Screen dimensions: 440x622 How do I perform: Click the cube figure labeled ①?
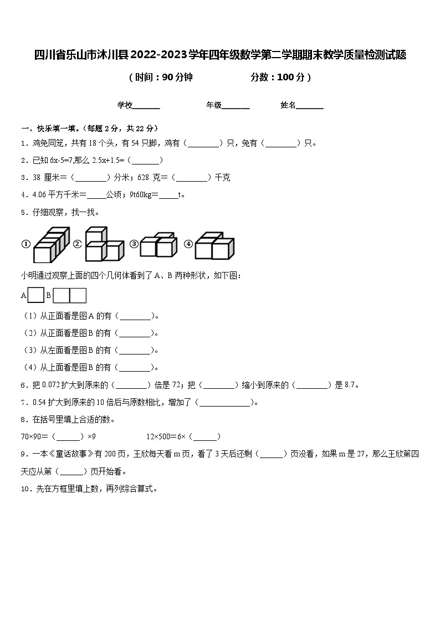click(x=51, y=245)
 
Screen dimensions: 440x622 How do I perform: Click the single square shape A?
click(x=36, y=296)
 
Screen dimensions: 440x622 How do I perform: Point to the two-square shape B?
click(x=70, y=296)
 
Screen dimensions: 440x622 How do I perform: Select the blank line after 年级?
click(x=236, y=105)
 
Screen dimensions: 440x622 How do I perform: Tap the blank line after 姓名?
click(x=310, y=105)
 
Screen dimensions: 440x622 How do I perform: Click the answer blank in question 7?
click(x=224, y=403)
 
